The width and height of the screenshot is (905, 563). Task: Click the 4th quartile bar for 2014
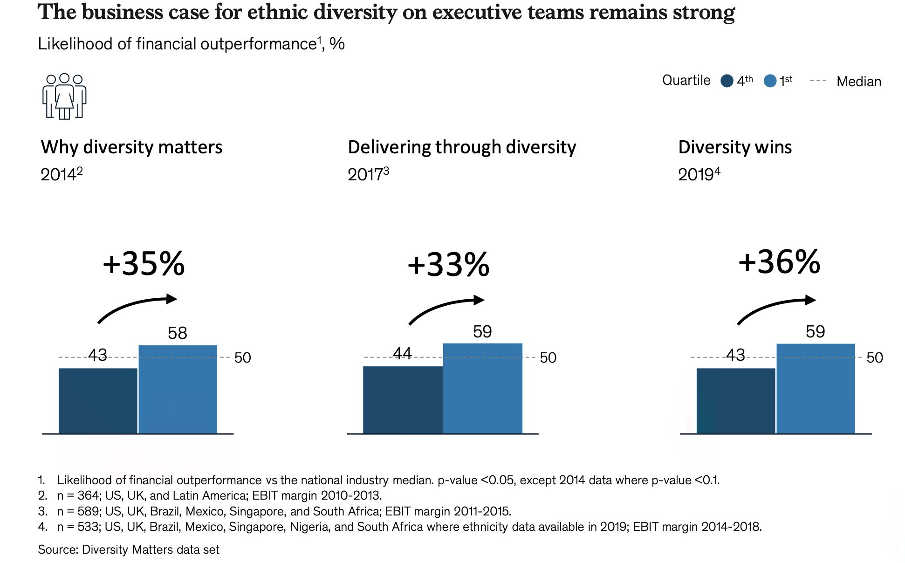[98, 401]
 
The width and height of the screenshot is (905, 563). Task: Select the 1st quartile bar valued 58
[178, 389]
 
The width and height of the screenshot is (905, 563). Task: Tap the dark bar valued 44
[403, 400]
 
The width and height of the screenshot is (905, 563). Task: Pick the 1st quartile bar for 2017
[482, 388]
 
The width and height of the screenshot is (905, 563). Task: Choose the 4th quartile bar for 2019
[735, 401]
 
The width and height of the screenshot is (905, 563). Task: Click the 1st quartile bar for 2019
[816, 389]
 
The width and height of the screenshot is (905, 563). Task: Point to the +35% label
[144, 264]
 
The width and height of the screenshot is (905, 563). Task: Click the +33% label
[448, 265]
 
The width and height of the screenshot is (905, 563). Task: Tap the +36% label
[779, 262]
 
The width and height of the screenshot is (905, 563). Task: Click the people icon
[64, 96]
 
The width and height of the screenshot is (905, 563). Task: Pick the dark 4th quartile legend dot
[727, 81]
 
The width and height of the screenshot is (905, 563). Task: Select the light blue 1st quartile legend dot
[770, 81]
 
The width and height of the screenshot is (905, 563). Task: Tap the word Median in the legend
[858, 82]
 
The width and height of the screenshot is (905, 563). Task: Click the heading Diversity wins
[735, 147]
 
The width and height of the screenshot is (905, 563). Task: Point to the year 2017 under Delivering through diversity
[365, 175]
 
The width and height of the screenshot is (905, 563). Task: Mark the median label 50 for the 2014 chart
[242, 357]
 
